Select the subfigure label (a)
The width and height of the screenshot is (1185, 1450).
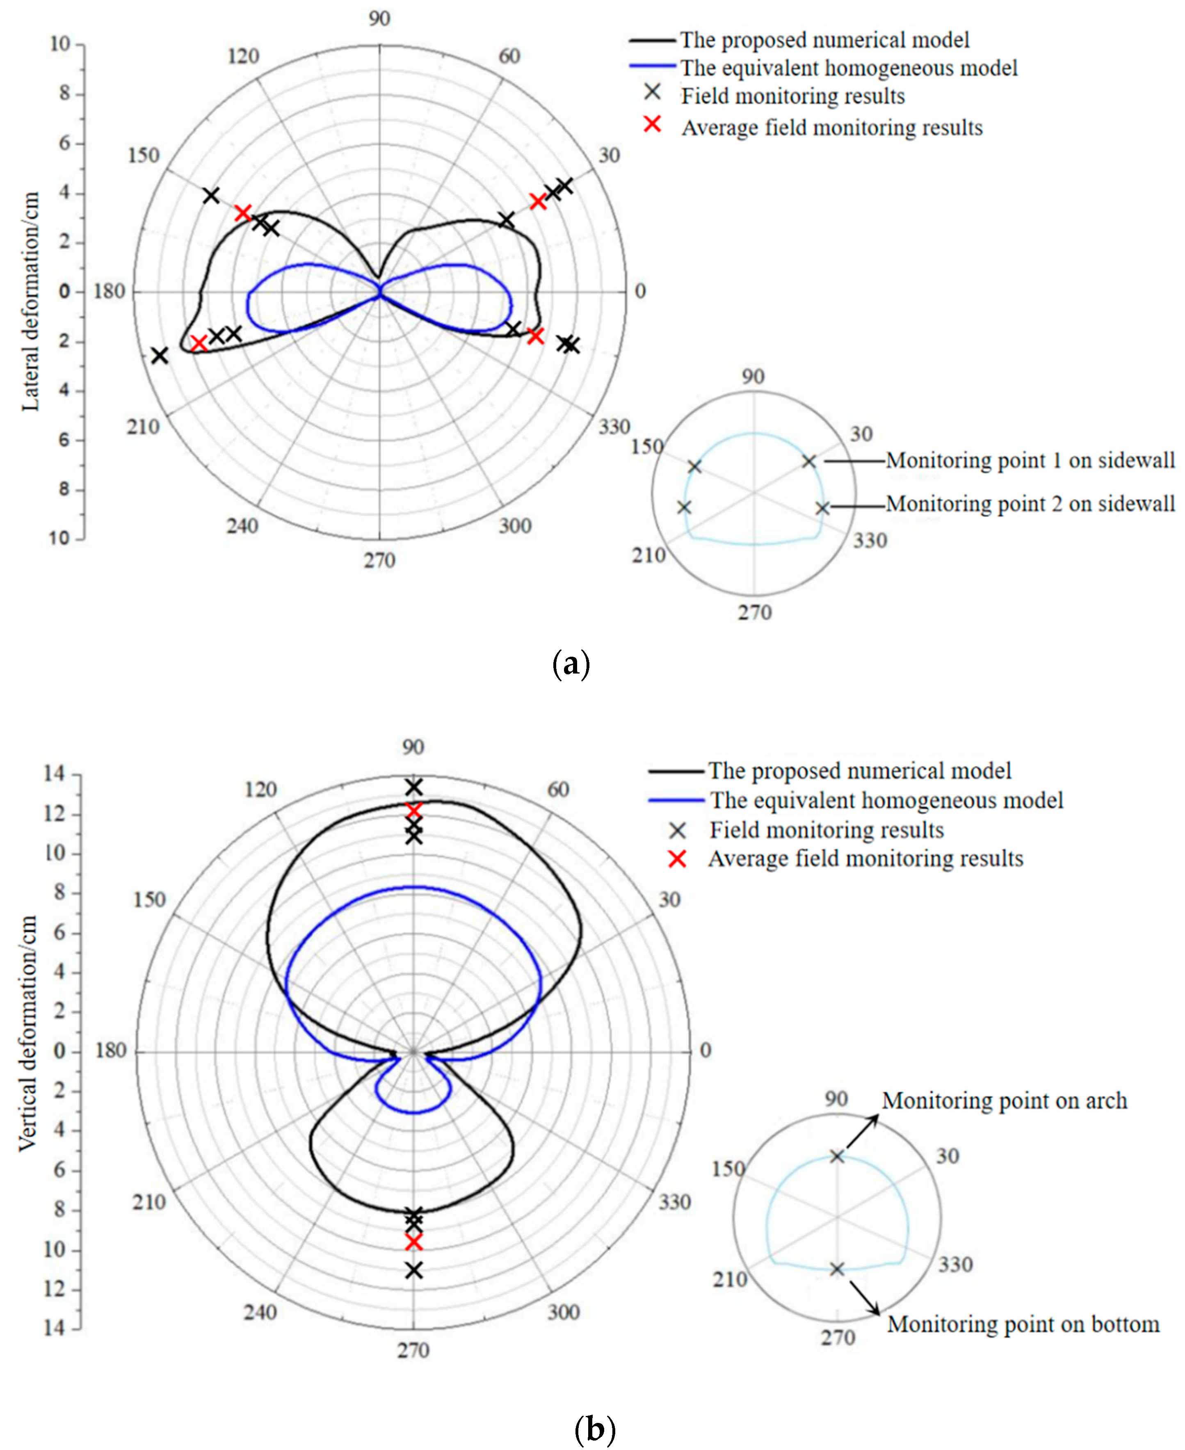571,664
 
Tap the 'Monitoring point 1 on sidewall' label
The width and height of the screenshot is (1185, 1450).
1030,461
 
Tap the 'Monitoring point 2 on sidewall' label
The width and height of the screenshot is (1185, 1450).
1030,504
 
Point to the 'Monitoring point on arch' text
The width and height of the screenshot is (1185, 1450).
1004,1101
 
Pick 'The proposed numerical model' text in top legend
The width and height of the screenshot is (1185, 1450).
824,40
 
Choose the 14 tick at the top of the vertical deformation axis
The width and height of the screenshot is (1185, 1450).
55,774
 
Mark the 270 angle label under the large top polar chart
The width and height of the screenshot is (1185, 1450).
379,560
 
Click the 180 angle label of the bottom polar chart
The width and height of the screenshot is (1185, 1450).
111,1050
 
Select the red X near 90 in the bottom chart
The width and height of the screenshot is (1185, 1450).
413,811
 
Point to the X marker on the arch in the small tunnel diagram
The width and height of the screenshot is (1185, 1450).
837,1156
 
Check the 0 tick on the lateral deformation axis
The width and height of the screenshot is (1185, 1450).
64,292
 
